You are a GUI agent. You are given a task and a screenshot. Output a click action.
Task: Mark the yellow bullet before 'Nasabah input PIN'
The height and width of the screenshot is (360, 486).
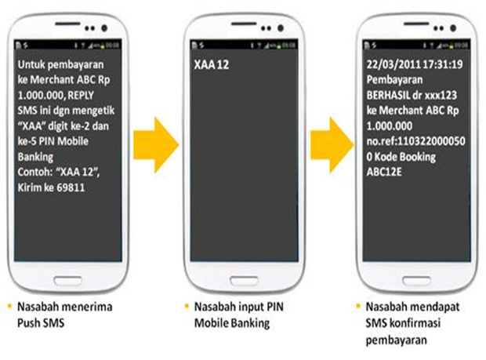coord(190,306)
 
